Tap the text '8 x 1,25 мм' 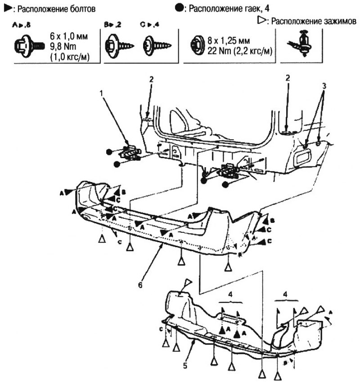pyautogui.click(x=230, y=40)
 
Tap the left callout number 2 pyautogui.click(x=152, y=80)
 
